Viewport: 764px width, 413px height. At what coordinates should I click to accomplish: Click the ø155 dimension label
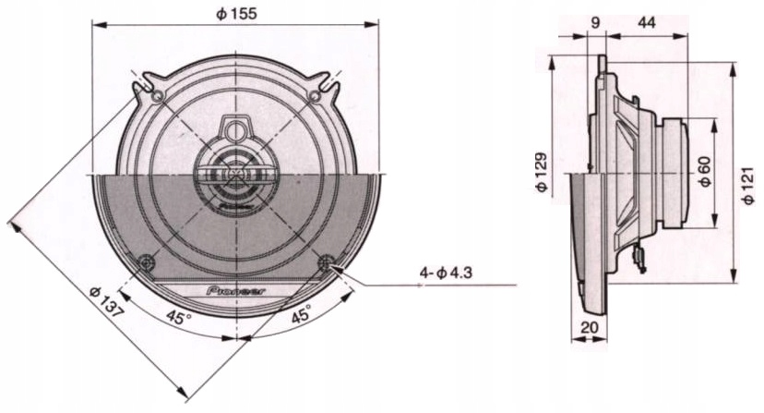coord(237,13)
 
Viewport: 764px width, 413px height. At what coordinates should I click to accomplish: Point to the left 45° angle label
coord(179,318)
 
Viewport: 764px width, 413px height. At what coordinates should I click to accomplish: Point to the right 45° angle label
coord(301,316)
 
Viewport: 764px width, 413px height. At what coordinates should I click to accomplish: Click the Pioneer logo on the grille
coord(237,290)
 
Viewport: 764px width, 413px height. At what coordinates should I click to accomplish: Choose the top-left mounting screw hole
coord(157,95)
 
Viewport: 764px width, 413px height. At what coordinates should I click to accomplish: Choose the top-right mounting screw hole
coord(316,95)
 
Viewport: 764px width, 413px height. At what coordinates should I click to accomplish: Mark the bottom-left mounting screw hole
coord(147,263)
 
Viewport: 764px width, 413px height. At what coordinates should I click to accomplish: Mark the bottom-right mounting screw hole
coord(326,263)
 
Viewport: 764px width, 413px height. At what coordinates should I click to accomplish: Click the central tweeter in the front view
coord(236,175)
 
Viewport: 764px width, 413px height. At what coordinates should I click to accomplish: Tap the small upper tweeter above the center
coord(236,129)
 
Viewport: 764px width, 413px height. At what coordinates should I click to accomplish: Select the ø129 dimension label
coord(542,173)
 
